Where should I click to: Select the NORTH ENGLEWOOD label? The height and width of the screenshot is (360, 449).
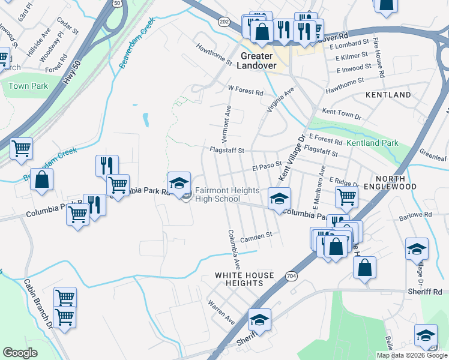tap(404, 183)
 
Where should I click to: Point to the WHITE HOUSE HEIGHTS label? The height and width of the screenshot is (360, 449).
tap(245, 280)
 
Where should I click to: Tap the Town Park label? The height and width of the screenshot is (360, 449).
tap(28, 86)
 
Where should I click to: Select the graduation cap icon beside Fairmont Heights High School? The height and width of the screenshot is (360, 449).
tap(179, 183)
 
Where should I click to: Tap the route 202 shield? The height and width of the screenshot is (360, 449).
tap(224, 22)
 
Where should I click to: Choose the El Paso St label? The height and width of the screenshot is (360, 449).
tap(267, 163)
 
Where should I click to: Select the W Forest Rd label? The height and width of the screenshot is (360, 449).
tap(246, 93)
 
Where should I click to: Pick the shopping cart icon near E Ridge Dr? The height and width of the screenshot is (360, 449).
tap(346, 196)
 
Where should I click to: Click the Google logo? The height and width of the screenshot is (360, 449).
tap(20, 353)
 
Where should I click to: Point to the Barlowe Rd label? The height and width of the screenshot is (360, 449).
tap(420, 214)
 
